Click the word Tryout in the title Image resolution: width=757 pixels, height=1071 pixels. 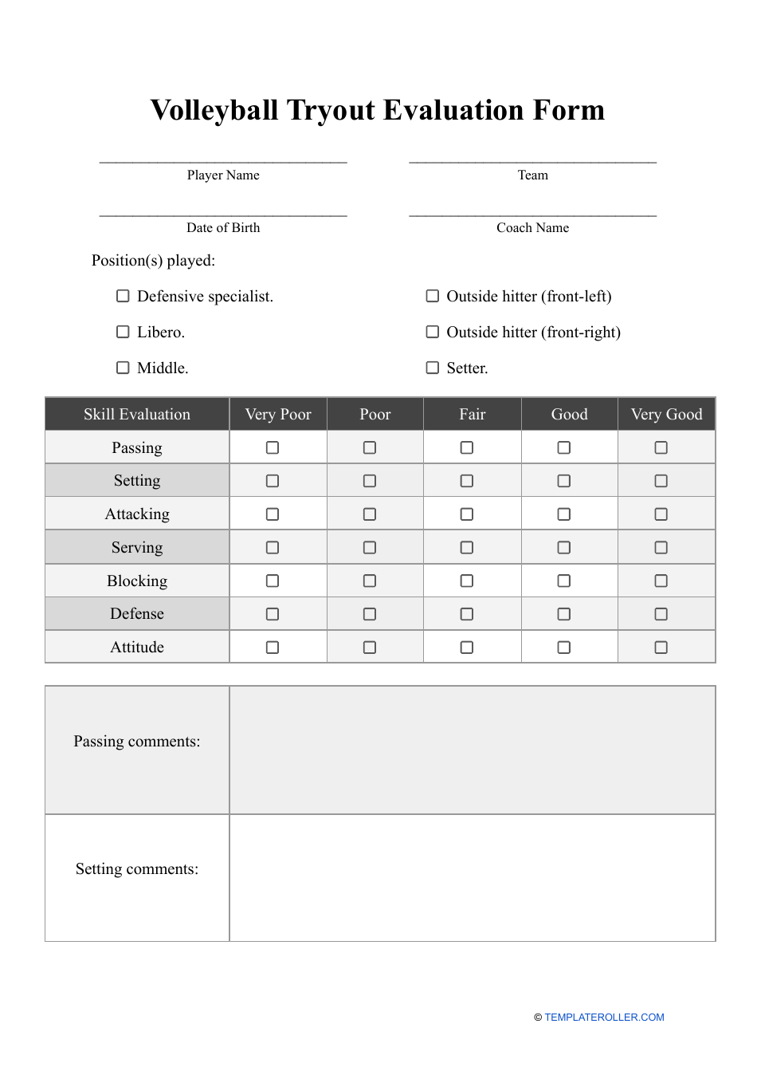342,110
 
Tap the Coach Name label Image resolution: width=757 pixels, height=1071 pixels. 532,228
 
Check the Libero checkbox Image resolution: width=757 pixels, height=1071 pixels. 123,332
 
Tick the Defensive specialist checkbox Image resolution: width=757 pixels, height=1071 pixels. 123,296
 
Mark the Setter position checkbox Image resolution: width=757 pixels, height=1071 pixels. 433,368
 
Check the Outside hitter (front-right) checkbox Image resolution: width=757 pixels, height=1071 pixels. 433,332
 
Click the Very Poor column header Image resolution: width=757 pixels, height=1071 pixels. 278,415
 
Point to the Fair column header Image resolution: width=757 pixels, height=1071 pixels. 472,415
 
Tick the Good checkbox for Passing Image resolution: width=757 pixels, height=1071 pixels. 564,448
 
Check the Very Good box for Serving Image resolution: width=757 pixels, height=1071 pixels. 661,548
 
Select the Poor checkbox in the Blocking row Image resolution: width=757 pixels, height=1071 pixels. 370,581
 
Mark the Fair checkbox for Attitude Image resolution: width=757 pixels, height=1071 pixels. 467,648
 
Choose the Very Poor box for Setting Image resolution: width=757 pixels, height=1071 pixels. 273,481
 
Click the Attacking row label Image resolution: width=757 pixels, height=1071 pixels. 137,514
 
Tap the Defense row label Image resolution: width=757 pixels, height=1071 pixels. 137,614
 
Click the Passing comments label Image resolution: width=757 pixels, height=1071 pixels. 137,742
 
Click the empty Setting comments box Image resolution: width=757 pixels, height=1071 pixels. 472,877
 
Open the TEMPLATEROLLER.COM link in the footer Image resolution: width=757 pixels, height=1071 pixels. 604,1018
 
